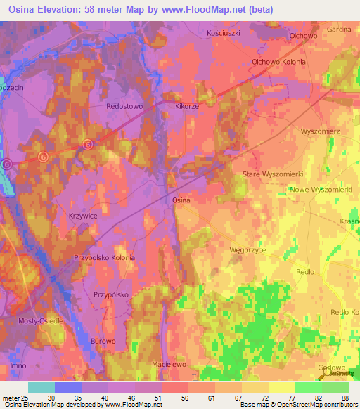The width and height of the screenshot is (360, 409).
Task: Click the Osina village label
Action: [181, 200]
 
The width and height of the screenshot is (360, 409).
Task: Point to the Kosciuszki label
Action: [224, 33]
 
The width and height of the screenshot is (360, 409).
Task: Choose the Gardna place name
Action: [339, 30]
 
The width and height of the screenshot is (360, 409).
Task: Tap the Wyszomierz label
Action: [320, 131]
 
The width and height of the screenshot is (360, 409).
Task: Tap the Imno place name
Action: [19, 366]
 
